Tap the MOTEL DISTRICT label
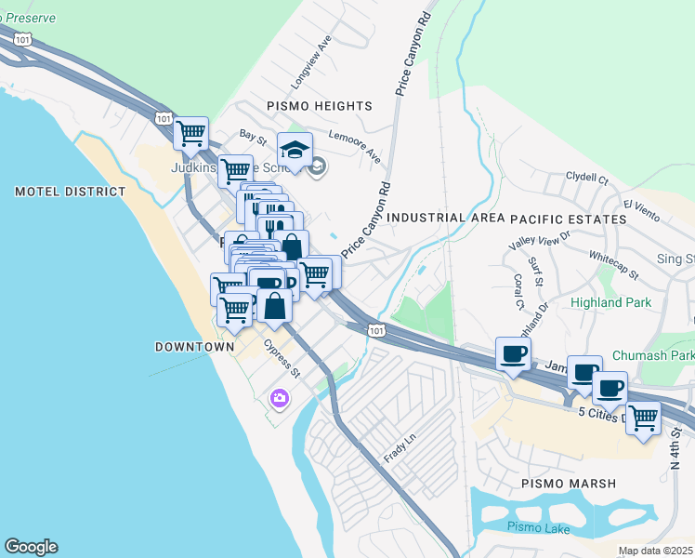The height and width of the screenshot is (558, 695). click(x=70, y=192)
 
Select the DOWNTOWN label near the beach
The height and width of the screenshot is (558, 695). click(x=194, y=346)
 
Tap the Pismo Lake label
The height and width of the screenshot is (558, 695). click(x=536, y=527)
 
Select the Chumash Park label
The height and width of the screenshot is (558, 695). click(x=653, y=356)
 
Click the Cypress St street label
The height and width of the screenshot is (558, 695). click(x=282, y=358)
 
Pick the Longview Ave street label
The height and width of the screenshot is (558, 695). click(x=310, y=63)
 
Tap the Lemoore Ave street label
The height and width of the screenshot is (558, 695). click(x=361, y=148)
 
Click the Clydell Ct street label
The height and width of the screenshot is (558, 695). click(x=586, y=177)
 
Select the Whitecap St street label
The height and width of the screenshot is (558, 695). click(x=613, y=263)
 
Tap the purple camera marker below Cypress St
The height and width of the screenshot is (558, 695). click(x=279, y=398)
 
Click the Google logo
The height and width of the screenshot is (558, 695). click(x=31, y=547)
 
